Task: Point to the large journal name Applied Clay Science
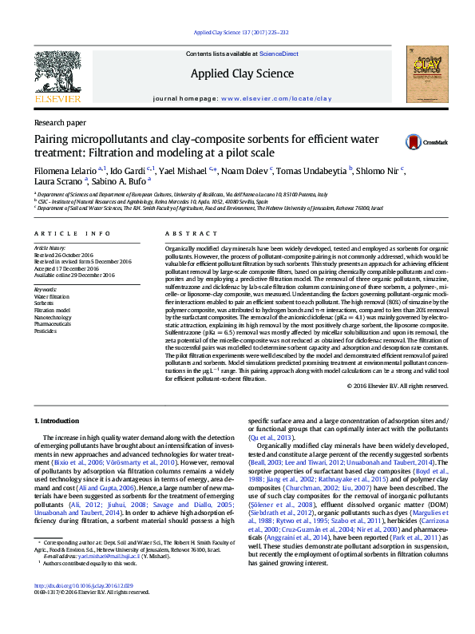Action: (242, 73)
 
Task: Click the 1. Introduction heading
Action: (61, 419)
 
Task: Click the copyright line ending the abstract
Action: (393, 386)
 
